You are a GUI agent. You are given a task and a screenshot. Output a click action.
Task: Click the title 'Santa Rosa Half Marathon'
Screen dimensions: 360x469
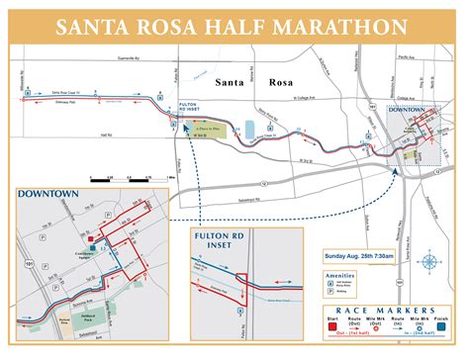(234, 23)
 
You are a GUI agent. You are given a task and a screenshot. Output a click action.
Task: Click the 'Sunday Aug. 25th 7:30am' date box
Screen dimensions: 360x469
(361, 256)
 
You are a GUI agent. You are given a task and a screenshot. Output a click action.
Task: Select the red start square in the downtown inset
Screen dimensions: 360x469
(91, 238)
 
